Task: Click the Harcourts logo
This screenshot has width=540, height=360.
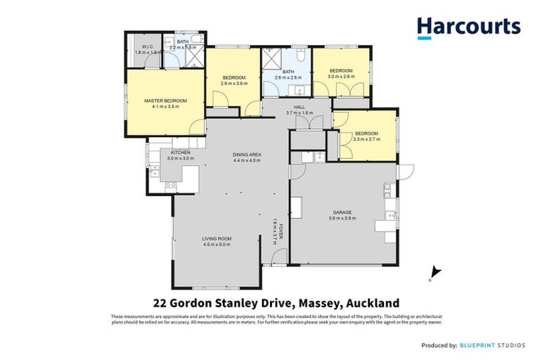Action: [x=468, y=27]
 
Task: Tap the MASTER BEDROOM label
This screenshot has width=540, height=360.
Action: [x=166, y=101]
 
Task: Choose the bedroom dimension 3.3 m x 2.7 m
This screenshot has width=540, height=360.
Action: [x=366, y=139]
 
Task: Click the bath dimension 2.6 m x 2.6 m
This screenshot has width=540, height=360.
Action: [x=288, y=78]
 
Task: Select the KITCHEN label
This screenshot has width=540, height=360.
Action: [x=181, y=153]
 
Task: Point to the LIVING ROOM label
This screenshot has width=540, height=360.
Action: [x=217, y=238]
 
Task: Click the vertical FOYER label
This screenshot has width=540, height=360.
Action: [x=280, y=231]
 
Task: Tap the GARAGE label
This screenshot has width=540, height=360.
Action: [x=343, y=212]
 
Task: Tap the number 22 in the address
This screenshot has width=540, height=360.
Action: [x=160, y=303]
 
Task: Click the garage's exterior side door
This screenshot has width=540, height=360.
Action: [x=405, y=171]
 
